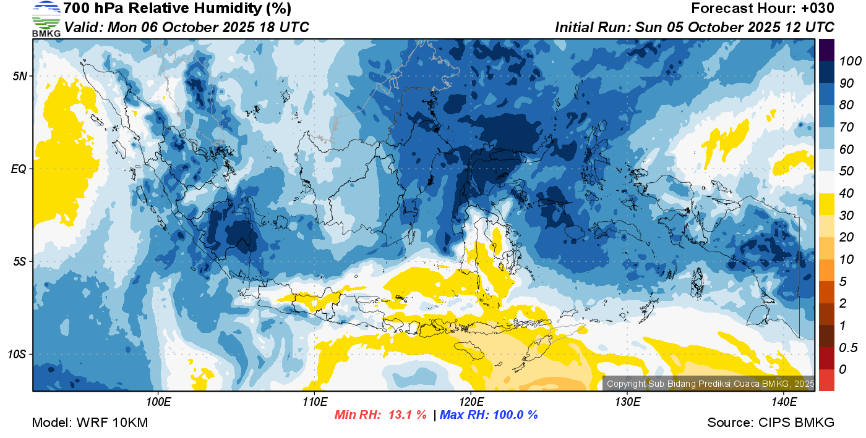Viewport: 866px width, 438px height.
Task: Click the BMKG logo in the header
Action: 46,19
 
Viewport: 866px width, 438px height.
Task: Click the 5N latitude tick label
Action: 20,76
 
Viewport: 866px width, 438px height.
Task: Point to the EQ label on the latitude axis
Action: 19,169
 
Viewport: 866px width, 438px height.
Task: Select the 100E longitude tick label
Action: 158,402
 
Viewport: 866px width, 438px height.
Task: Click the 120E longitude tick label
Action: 471,402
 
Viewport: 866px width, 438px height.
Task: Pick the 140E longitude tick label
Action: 784,402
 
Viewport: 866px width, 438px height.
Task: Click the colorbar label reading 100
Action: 850,61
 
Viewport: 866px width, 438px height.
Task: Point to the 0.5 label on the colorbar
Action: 848,348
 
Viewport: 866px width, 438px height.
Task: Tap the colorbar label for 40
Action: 846,193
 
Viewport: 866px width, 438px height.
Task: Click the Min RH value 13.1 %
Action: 407,415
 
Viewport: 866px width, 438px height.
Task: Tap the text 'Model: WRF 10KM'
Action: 90,423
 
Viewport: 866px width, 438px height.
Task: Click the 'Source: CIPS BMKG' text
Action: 771,423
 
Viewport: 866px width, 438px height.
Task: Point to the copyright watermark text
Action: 710,384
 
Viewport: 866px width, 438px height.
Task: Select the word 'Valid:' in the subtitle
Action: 84,27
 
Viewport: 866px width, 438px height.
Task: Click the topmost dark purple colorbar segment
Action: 826,50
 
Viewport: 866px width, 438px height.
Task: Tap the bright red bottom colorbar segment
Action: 826,380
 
